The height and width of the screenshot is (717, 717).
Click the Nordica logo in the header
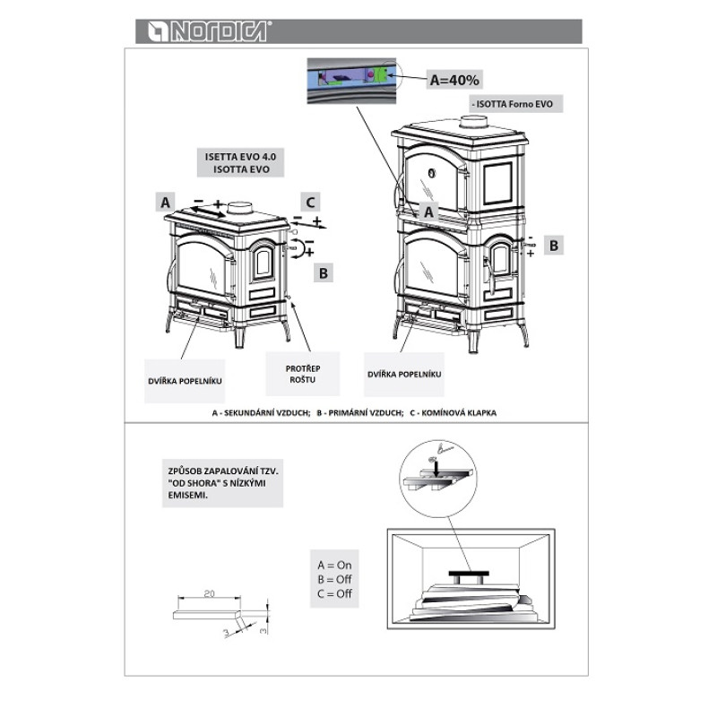(x=209, y=31)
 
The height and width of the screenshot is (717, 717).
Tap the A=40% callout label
(x=454, y=80)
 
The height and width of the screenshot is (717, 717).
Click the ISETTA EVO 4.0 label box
(x=240, y=163)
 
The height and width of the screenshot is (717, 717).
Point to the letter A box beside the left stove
(x=166, y=202)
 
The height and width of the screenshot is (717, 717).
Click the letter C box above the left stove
(x=310, y=202)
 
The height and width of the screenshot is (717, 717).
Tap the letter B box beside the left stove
(x=324, y=273)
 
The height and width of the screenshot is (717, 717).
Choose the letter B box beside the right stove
(x=554, y=246)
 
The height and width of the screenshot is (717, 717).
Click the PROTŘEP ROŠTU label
(x=303, y=374)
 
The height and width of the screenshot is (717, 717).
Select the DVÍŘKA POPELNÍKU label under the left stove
(x=185, y=381)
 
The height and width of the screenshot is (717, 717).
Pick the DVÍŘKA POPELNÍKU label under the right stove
(x=404, y=374)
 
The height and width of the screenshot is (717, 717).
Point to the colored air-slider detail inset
(x=351, y=81)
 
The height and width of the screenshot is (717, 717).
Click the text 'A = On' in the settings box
(x=334, y=566)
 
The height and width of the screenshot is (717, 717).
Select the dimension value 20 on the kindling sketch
(x=209, y=593)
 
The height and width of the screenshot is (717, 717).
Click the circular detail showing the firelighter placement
(x=438, y=479)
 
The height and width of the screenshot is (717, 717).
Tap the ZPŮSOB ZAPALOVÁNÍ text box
(x=222, y=483)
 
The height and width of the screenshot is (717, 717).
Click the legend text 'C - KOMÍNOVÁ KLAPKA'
(x=453, y=412)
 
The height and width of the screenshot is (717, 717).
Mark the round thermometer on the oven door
(x=432, y=173)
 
